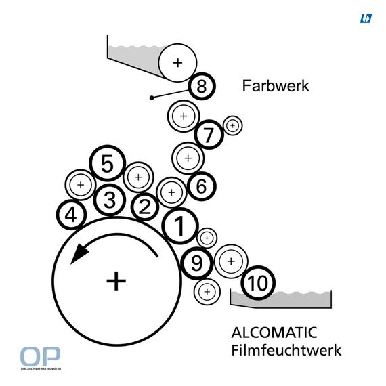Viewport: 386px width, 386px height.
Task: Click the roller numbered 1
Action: point(180,226)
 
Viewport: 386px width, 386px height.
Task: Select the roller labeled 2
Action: point(145,207)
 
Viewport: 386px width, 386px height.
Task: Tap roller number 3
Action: point(110,200)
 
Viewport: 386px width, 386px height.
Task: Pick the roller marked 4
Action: point(71,215)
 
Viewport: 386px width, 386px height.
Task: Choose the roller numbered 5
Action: point(107,163)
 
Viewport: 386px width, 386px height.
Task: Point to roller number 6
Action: point(202,186)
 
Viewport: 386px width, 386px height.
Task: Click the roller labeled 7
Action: point(209,134)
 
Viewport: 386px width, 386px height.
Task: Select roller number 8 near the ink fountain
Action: point(202,86)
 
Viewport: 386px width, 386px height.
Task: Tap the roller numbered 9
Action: point(197,263)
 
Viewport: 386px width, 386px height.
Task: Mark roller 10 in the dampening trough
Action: point(258,282)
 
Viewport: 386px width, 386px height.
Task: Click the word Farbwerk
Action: point(276,86)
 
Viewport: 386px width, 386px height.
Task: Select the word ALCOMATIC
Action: point(274,333)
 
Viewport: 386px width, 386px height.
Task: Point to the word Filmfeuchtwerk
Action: point(286,350)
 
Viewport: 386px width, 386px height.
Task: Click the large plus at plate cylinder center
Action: point(116,281)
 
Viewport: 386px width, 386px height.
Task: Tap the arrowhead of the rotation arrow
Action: point(79,253)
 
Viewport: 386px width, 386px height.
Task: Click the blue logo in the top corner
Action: point(366,18)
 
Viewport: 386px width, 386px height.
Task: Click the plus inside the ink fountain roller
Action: point(177,63)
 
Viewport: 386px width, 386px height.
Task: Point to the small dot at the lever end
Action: point(152,98)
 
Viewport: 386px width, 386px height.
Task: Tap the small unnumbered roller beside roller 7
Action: point(233,125)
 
